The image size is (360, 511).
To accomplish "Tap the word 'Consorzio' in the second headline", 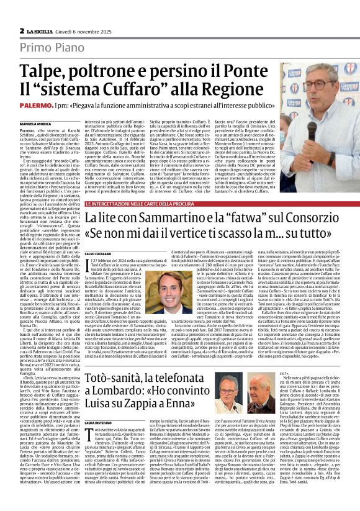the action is click(x=317, y=218).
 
